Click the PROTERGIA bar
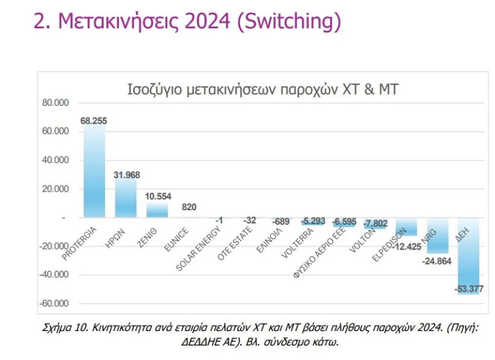[94, 172]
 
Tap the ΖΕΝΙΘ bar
[157, 210]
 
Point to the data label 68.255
[94, 121]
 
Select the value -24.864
[436, 261]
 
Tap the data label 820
[188, 207]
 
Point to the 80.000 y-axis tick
[56, 103]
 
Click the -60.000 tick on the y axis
[54, 304]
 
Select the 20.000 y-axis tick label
[56, 189]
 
